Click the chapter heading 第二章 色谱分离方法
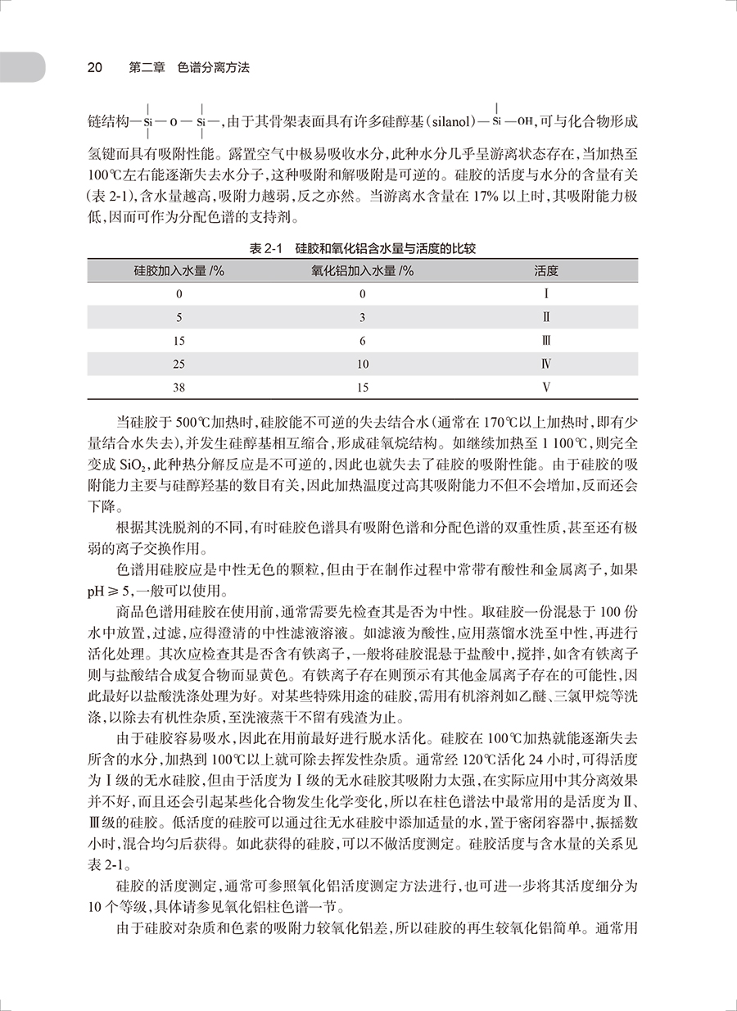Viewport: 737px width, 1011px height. (189, 68)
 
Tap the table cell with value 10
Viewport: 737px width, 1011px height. (362, 364)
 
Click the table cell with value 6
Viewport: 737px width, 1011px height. (362, 340)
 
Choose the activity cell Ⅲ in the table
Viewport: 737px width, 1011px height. (546, 340)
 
